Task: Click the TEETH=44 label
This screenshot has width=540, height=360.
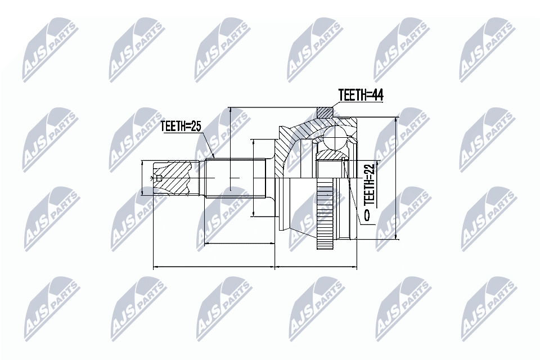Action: click(x=361, y=96)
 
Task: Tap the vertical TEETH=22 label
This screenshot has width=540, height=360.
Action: click(x=369, y=184)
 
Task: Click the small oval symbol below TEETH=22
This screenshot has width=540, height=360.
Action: click(x=367, y=215)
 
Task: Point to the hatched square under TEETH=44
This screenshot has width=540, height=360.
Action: click(x=325, y=112)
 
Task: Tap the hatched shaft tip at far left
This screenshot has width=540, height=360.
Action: click(x=172, y=178)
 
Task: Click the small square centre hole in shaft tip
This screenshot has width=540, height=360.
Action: click(x=159, y=178)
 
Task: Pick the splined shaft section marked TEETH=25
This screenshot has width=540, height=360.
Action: click(x=236, y=178)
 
